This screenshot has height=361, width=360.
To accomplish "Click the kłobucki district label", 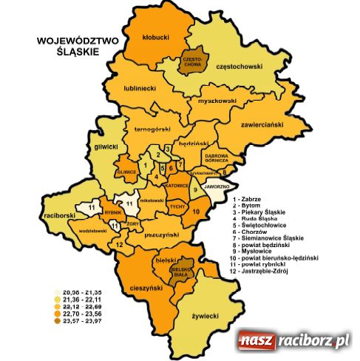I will [x=157, y=36].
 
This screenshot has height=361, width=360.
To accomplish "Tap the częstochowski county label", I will [x=240, y=67].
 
